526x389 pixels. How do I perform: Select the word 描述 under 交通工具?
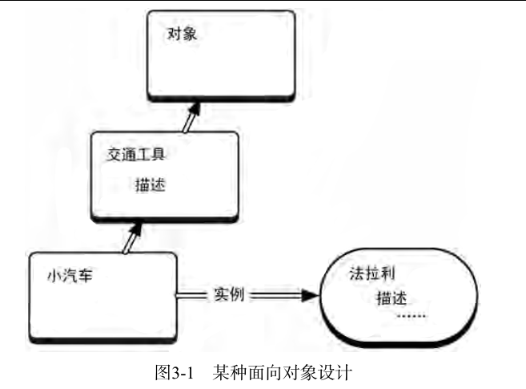pos(151,184)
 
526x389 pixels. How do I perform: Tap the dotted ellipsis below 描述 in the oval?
pos(412,315)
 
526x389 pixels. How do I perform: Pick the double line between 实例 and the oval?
pos(272,295)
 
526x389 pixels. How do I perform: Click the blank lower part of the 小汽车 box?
pos(100,317)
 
